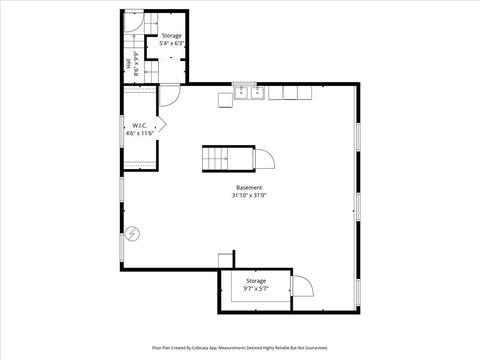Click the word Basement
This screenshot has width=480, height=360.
click(x=249, y=188)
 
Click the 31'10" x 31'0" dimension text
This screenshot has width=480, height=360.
click(x=249, y=196)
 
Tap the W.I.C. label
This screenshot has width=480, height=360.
click(x=140, y=126)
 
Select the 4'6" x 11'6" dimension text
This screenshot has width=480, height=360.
click(x=140, y=133)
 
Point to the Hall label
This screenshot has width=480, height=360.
click(x=128, y=66)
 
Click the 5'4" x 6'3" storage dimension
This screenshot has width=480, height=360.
click(x=172, y=44)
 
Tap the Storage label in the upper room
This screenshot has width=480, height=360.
click(x=172, y=36)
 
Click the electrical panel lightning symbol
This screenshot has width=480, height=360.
click(x=132, y=235)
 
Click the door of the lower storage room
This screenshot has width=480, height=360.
click(x=302, y=287)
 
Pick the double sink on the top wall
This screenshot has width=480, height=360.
click(x=248, y=94)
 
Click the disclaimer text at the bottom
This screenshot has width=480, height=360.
click(x=240, y=348)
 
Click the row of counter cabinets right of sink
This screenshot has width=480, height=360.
click(x=289, y=93)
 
